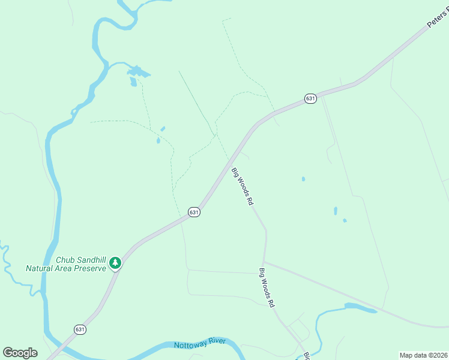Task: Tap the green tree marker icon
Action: click(x=115, y=263)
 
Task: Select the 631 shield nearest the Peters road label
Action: click(x=310, y=98)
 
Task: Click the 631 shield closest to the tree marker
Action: click(x=193, y=212)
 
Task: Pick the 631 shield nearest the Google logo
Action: click(x=80, y=329)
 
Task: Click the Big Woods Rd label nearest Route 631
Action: click(x=243, y=187)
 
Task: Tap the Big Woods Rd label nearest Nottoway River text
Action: click(x=267, y=288)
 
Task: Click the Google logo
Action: click(x=20, y=352)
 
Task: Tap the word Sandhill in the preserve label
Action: click(x=89, y=260)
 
